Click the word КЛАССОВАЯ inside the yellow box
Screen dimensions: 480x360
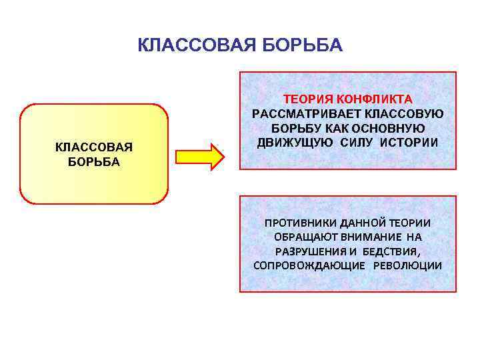coord(94,147)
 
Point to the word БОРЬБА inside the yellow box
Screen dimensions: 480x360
coord(94,162)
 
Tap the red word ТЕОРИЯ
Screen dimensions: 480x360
coord(309,99)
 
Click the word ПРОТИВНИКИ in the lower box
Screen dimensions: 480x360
coord(297,223)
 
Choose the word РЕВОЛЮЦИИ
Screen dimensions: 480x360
coord(408,265)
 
